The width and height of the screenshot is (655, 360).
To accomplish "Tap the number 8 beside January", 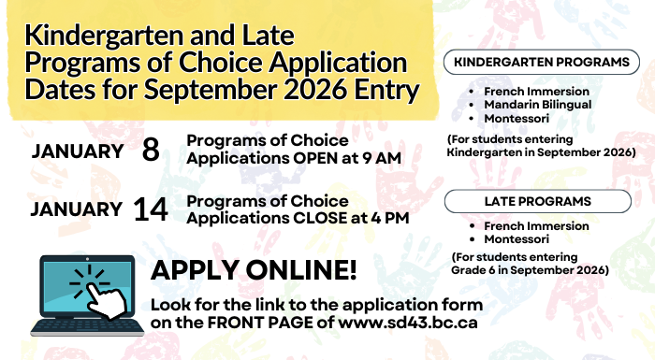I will (x=151, y=151).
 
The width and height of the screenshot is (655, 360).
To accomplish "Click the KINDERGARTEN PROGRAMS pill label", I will (x=541, y=63).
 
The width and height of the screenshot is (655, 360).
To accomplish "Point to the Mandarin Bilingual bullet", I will (x=537, y=105).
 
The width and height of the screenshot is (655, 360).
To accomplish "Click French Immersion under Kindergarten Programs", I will (x=536, y=92).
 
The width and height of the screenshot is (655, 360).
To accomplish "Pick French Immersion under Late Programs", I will (x=536, y=226).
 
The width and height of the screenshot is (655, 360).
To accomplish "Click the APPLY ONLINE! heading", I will (x=254, y=271).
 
